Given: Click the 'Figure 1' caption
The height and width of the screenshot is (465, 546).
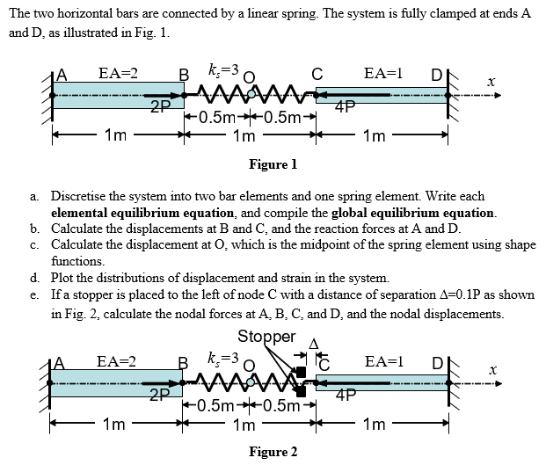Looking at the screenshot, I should tap(273, 164).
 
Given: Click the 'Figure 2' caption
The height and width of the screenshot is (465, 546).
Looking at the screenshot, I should tap(273, 452).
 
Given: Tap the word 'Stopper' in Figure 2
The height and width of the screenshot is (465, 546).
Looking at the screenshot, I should tap(266, 337).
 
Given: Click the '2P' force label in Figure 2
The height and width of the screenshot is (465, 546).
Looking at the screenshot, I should tap(159, 394).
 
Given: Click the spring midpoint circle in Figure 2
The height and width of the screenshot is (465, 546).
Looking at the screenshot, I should tap(251, 380).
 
